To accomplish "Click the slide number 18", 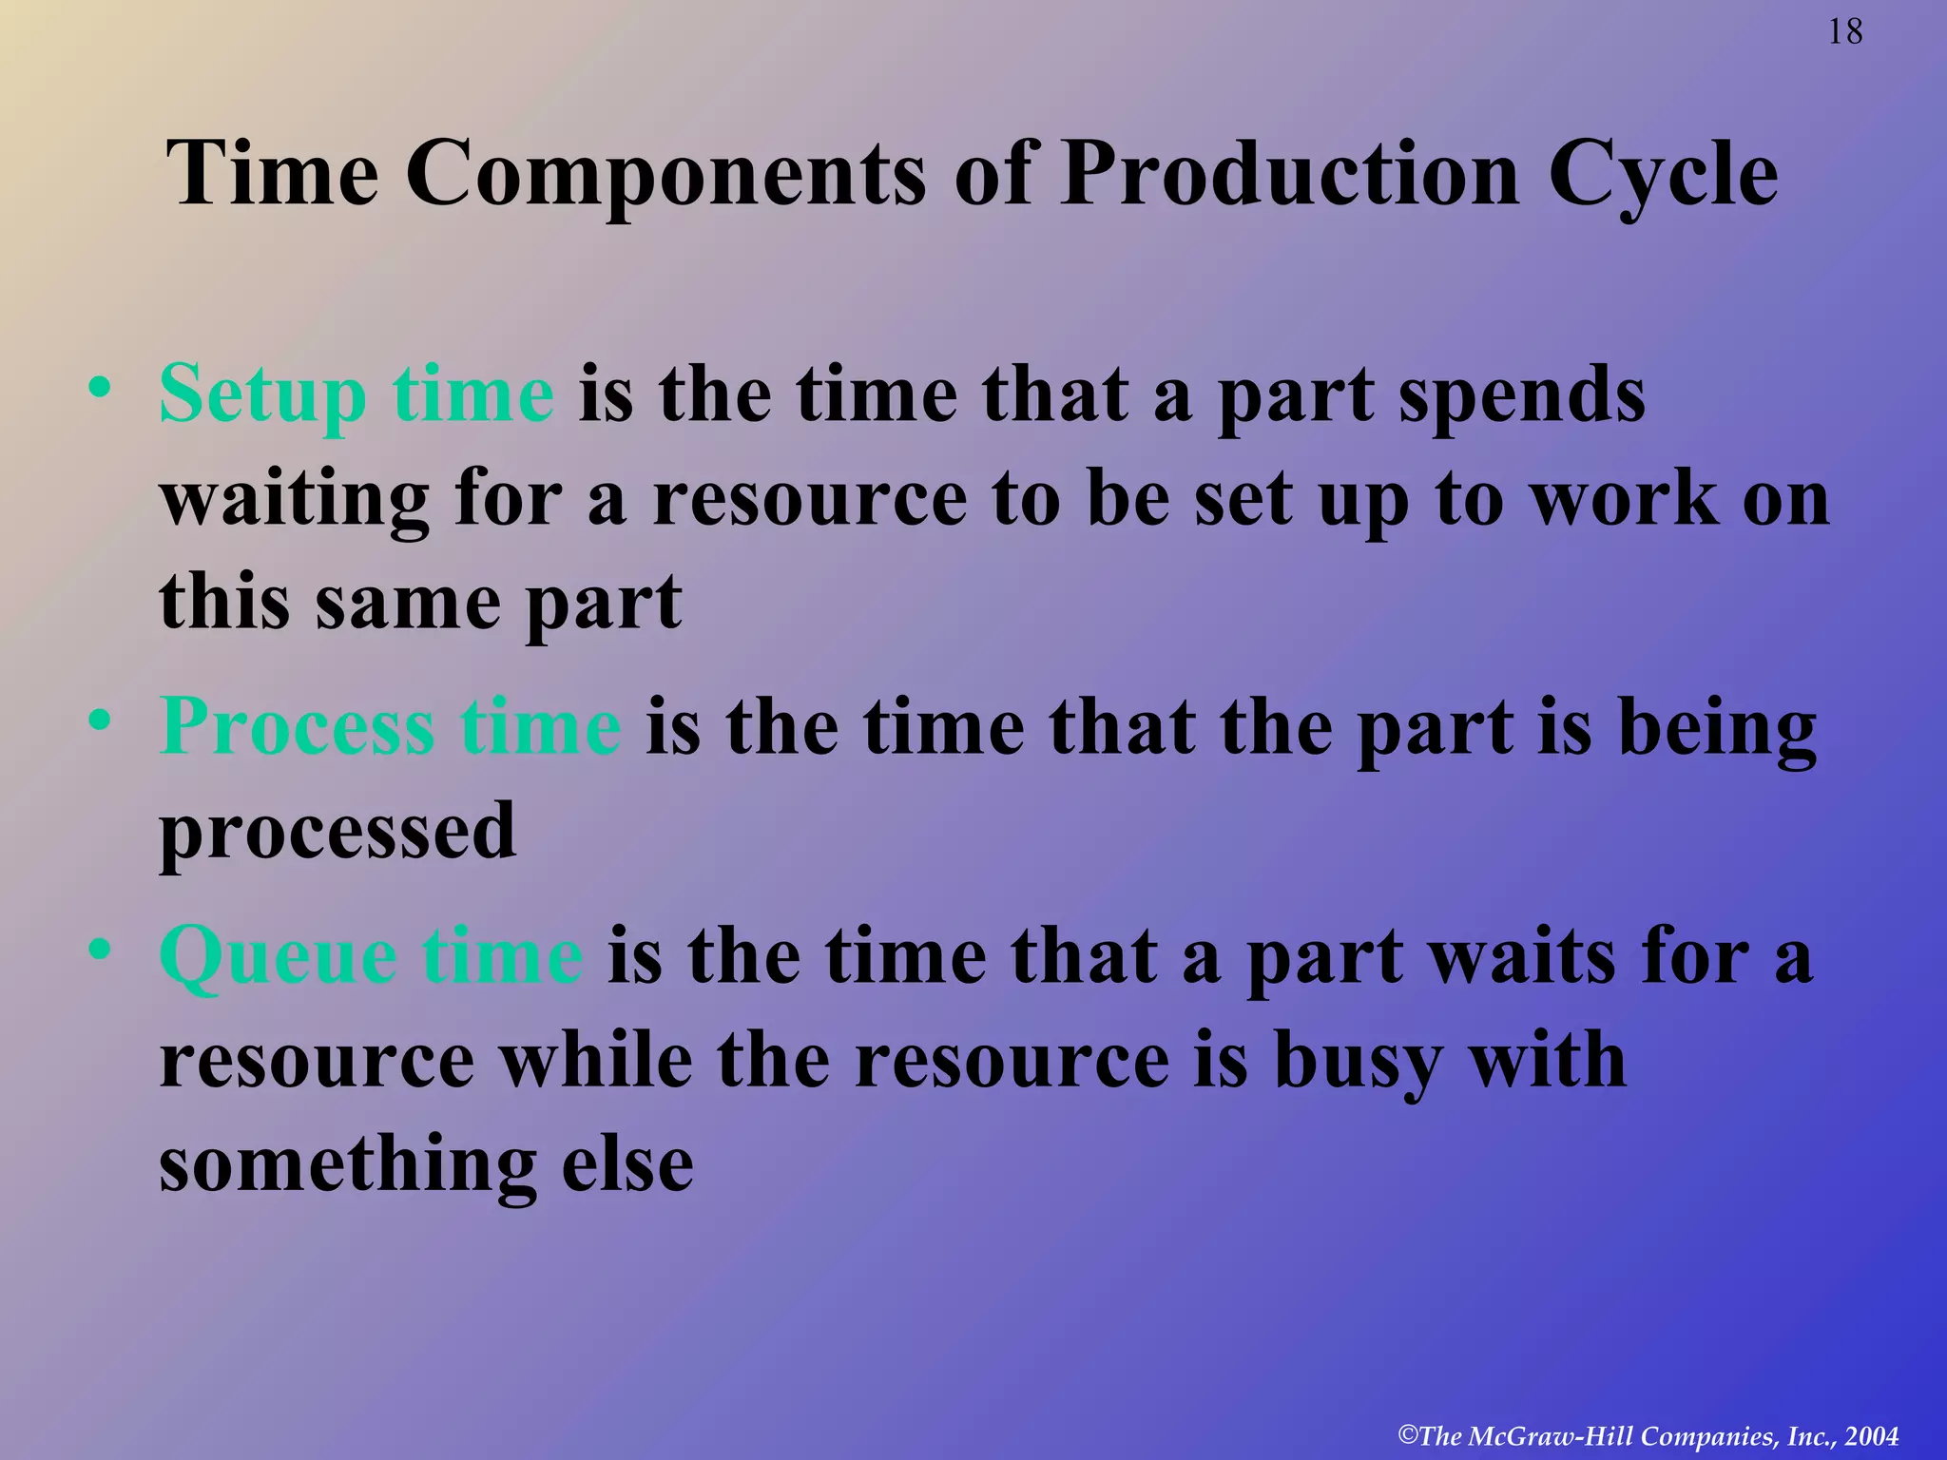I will coord(1845,32).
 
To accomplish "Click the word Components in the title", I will coord(666,173).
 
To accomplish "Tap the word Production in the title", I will coord(1289,173).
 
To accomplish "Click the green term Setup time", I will coord(357,394).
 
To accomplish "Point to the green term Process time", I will coord(391,726).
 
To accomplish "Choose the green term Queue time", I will coord(371,955).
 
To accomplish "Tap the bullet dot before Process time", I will coord(100,721).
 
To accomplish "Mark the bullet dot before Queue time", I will coord(100,950).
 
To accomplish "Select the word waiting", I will coord(295,502).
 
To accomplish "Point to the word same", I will coord(409,603).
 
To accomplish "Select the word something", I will coord(348,1166).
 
